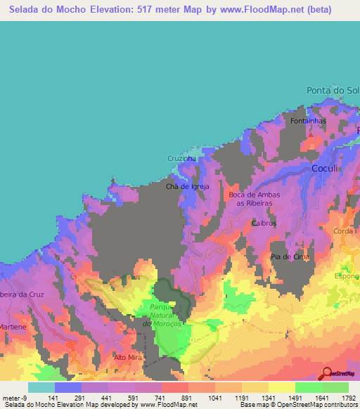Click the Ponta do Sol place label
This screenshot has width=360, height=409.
(333, 91)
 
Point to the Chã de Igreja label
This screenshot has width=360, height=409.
(185, 186)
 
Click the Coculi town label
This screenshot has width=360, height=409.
(326, 169)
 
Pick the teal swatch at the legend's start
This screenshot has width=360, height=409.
(41, 387)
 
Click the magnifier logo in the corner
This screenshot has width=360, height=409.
(328, 373)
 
